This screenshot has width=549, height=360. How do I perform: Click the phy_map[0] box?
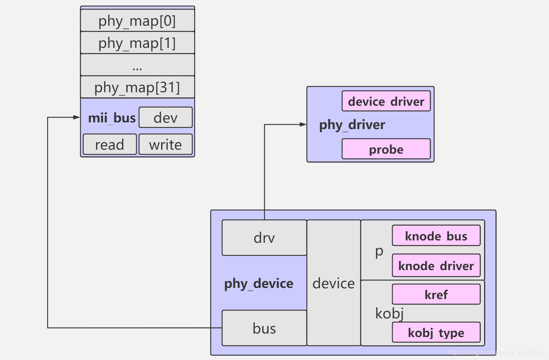tap(137, 21)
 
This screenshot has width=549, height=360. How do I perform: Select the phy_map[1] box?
tap(137, 43)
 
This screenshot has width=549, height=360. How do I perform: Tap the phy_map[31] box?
tap(137, 87)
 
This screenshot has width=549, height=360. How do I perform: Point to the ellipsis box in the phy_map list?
tap(137, 65)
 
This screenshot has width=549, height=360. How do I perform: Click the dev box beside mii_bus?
tap(165, 118)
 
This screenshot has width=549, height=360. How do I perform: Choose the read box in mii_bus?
tap(110, 145)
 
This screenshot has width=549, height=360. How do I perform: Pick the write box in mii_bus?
tap(165, 145)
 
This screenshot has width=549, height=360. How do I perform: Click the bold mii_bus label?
tap(112, 118)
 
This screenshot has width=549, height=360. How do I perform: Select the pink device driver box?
tap(386, 101)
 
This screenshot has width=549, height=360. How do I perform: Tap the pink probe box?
tap(386, 149)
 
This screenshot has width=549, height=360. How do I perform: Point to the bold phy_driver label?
tap(352, 125)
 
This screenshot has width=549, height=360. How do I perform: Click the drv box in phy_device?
tap(264, 238)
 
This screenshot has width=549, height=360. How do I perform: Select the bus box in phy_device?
tap(264, 328)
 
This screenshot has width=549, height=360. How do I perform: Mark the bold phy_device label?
tap(258, 284)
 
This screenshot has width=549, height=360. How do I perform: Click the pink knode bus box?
tap(436, 236)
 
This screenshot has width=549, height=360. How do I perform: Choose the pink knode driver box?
tap(436, 266)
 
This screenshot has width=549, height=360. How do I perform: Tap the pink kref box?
tap(436, 294)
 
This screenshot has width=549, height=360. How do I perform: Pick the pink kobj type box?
tap(436, 333)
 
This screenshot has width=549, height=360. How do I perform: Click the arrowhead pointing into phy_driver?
tap(303, 124)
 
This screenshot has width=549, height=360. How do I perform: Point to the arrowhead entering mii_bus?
tap(77, 117)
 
